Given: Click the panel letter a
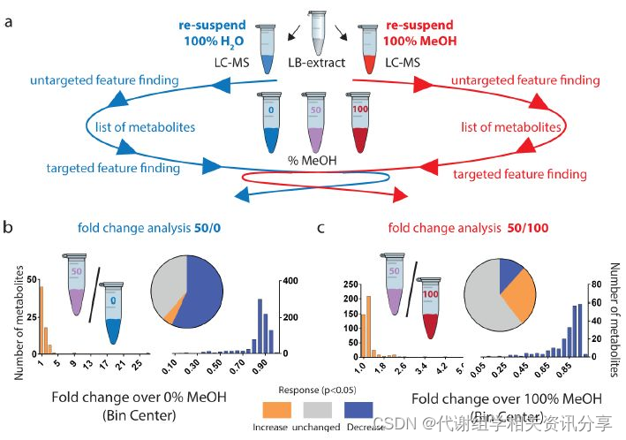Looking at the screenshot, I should tap(10, 21).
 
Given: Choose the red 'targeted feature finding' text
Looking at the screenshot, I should tap(519, 174).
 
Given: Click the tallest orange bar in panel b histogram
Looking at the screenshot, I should tap(41, 318).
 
